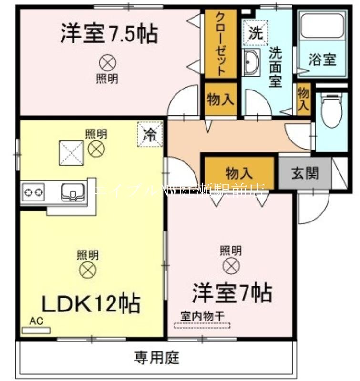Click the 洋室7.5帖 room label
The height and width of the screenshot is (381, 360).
109,34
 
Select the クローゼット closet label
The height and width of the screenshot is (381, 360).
221,44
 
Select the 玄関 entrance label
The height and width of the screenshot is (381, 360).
305,173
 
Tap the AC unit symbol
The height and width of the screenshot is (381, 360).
36,329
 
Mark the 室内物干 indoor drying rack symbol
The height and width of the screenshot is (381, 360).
202,326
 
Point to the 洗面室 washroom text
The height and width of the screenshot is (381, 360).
275,67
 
